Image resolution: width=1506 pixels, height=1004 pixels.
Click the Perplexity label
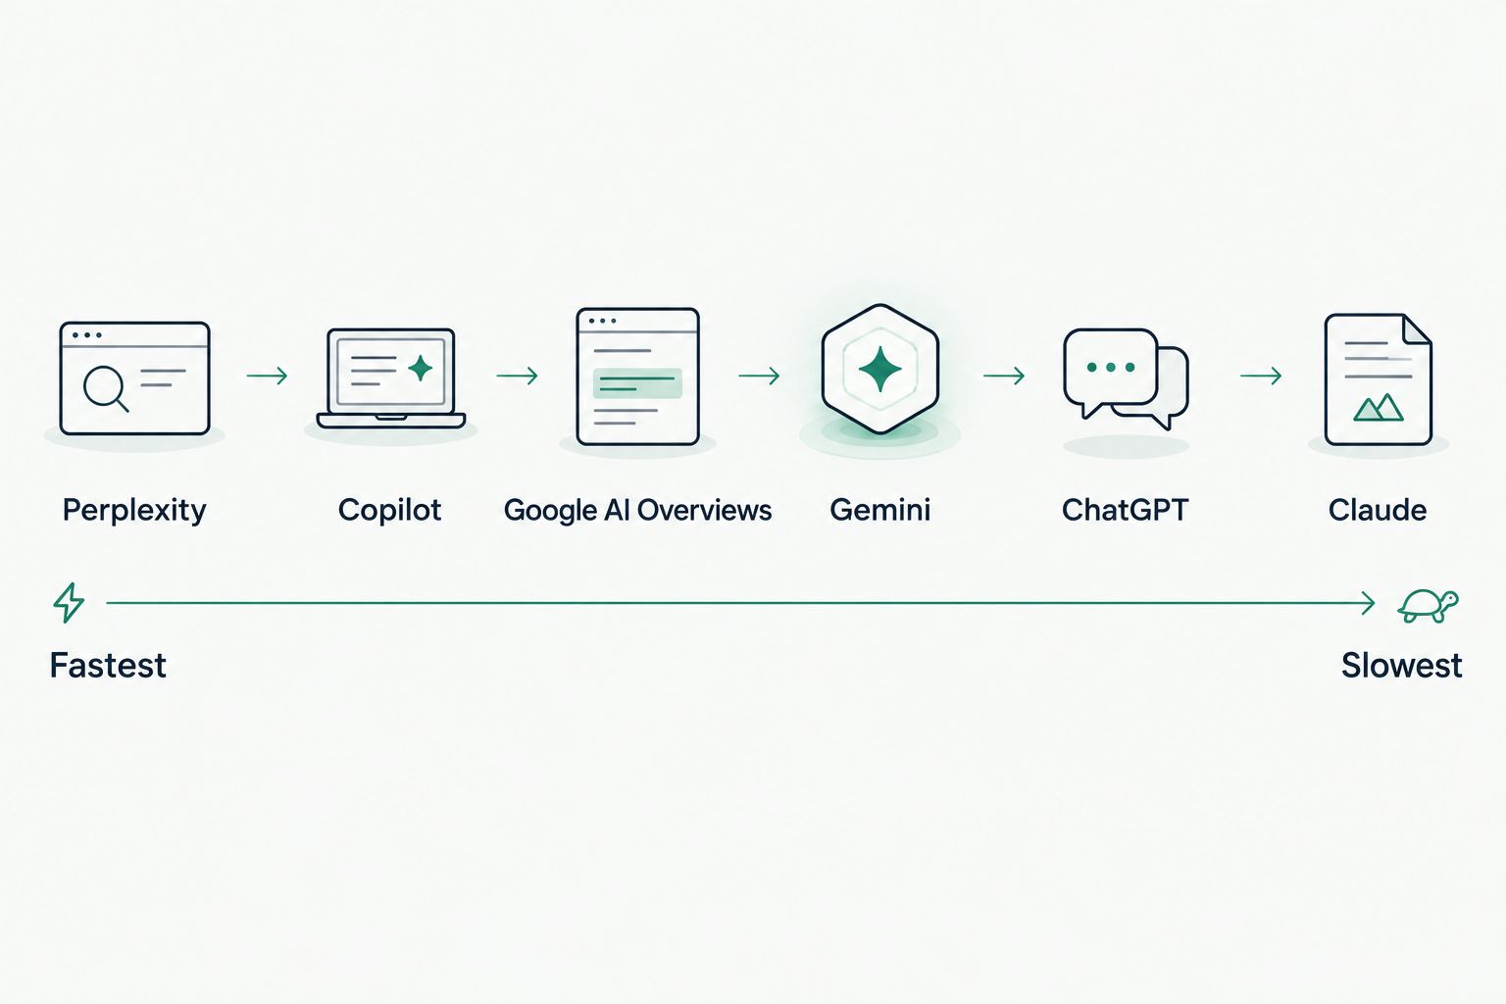click(134, 511)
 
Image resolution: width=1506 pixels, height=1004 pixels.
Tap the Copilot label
click(389, 511)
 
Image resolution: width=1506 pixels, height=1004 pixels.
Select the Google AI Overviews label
click(637, 511)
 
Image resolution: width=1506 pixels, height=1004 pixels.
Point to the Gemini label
click(880, 510)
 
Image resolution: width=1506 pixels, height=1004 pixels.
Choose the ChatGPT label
click(1125, 510)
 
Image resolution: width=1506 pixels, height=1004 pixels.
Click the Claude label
click(1377, 510)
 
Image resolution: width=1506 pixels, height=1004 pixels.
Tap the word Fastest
click(108, 665)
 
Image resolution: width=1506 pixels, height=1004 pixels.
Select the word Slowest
click(1402, 665)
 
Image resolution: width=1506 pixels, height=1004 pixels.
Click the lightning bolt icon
click(69, 603)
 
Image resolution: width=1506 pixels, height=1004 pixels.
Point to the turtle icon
click(1428, 605)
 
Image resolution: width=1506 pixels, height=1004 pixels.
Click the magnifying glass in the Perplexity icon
click(105, 388)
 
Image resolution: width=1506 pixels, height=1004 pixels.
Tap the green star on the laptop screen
click(421, 368)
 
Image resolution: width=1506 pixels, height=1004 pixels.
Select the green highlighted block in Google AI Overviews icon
click(637, 382)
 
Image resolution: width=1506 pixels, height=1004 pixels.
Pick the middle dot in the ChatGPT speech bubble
click(1111, 367)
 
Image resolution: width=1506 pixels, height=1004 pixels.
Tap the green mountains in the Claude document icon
click(1379, 408)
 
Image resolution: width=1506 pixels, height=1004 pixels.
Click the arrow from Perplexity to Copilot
click(267, 376)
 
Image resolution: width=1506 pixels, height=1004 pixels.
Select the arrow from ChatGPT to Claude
click(1261, 376)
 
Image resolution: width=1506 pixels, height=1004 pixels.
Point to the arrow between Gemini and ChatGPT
click(1004, 376)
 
